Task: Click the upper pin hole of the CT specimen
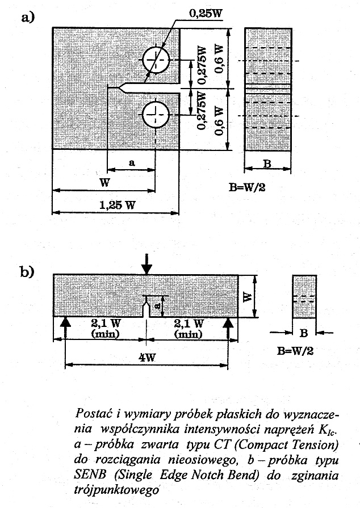click(156, 61)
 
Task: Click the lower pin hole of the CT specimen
click(156, 115)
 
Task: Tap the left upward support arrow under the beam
click(66, 325)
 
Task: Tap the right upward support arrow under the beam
click(229, 325)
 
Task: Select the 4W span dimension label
click(146, 360)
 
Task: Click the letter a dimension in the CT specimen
click(132, 162)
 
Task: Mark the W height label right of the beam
click(248, 296)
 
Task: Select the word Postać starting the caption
click(93, 410)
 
